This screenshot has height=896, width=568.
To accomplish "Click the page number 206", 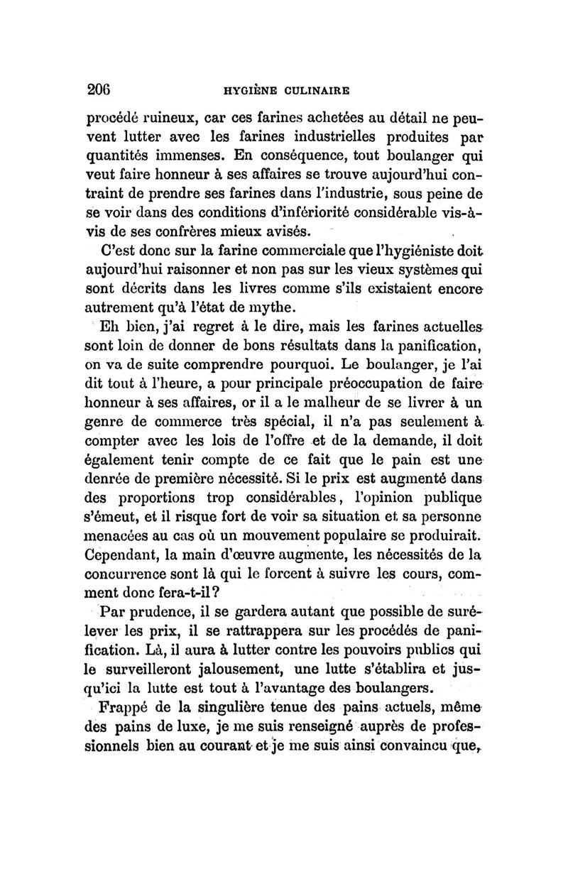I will (101, 89).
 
